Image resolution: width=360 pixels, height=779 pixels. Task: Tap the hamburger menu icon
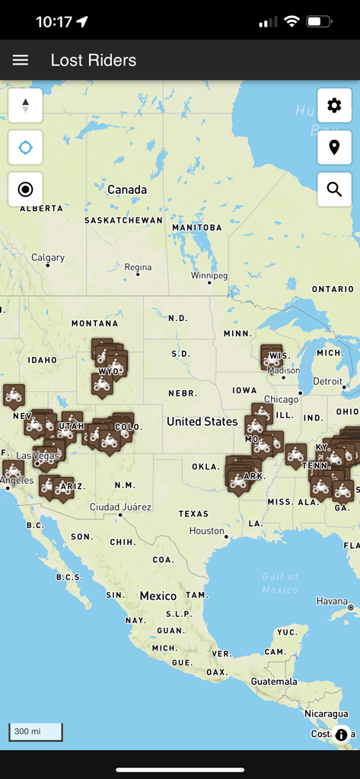tap(21, 60)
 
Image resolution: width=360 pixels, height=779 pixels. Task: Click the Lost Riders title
tap(94, 60)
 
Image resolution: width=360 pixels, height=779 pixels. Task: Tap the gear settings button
tap(334, 106)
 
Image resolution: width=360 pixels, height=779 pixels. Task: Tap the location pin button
tap(334, 148)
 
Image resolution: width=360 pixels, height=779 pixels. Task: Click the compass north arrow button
tap(25, 106)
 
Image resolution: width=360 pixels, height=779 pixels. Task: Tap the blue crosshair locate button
tap(25, 148)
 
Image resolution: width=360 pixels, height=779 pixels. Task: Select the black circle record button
tap(25, 189)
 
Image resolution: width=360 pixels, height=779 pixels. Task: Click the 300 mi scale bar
tap(35, 732)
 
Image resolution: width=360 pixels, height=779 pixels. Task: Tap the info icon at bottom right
tap(341, 735)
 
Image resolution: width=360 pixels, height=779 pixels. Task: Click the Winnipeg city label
tap(209, 275)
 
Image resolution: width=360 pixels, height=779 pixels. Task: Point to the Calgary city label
tap(48, 258)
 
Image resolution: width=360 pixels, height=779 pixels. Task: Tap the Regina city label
tap(138, 267)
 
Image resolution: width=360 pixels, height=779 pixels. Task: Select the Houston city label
tap(207, 530)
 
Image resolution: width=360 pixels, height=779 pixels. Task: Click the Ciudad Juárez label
tap(120, 507)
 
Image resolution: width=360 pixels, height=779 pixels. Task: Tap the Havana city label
tap(332, 601)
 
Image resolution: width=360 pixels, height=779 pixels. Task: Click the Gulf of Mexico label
tap(280, 583)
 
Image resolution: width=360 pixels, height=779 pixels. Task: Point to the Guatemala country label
tap(275, 682)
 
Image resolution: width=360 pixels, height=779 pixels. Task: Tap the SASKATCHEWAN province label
tap(123, 221)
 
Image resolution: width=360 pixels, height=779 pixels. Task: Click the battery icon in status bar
tap(317, 22)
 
